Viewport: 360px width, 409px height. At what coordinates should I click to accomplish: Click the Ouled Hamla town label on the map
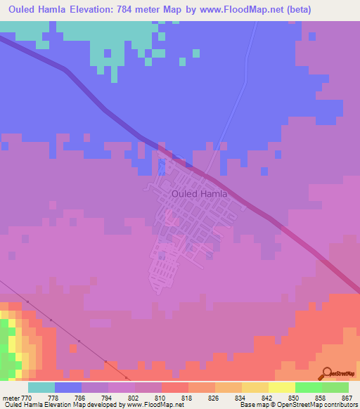point(200,193)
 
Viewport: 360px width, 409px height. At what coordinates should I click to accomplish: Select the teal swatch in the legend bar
point(41,387)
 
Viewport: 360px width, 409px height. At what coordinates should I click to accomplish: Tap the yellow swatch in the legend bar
point(281,387)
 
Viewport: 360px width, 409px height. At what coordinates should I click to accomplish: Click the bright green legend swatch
point(308,387)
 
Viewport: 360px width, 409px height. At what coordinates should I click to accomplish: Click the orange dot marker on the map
point(73,347)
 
